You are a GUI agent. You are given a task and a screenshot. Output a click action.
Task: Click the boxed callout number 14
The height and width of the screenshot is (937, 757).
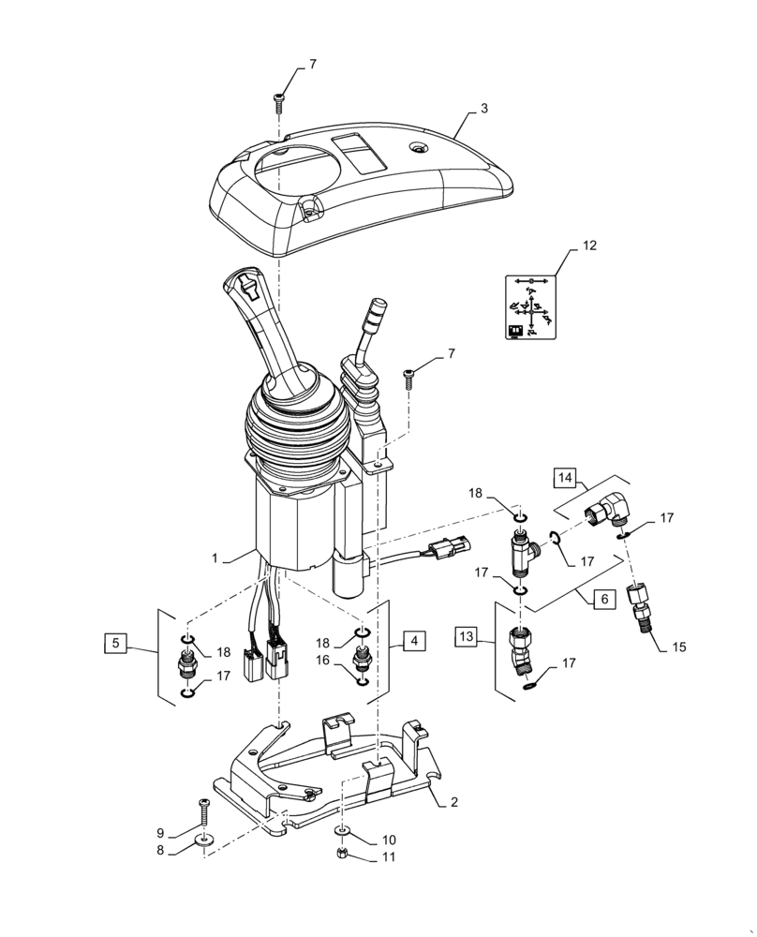point(565,479)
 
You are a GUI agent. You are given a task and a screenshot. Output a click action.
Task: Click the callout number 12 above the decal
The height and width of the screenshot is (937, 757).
point(587,246)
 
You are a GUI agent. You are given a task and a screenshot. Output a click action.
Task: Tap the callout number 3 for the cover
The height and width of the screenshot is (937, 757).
point(483,110)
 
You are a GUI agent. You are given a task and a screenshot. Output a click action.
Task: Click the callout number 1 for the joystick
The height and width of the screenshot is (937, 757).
point(215,558)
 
